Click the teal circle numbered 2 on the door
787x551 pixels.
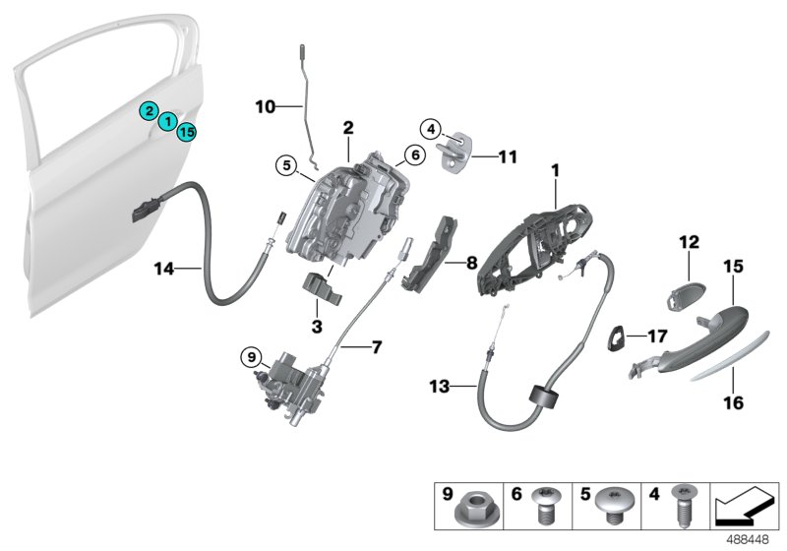pyautogui.click(x=148, y=110)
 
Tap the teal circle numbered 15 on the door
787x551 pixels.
pyautogui.click(x=187, y=131)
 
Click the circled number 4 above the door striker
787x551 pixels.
pyautogui.click(x=430, y=127)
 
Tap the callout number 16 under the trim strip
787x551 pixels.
pyautogui.click(x=735, y=401)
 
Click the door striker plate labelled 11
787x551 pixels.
pyautogui.click(x=456, y=155)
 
